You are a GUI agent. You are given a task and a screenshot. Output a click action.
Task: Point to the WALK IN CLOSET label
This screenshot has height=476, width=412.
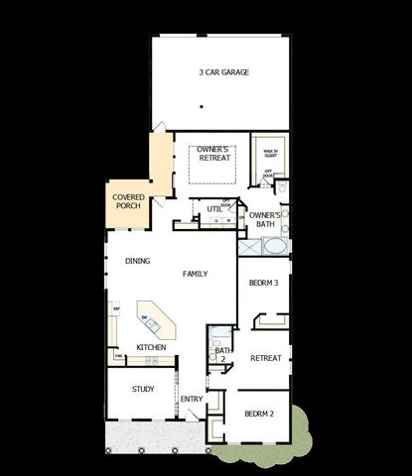269,152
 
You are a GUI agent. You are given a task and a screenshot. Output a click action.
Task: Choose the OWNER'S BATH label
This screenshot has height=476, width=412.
265,219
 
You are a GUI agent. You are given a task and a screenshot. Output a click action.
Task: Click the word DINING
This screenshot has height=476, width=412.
138,262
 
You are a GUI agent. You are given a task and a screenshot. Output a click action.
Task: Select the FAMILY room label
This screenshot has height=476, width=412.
195,273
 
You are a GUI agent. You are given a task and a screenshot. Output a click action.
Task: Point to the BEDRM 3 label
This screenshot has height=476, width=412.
264,283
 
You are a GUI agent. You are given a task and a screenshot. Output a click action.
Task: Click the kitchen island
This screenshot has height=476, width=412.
154,320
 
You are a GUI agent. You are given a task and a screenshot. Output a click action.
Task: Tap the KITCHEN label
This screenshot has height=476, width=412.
151,347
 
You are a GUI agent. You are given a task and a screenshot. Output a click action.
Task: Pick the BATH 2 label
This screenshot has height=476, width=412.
222,354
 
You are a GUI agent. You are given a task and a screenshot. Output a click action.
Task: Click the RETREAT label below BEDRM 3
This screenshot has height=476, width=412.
265,358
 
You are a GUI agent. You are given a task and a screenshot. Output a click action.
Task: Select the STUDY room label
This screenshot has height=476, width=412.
143,389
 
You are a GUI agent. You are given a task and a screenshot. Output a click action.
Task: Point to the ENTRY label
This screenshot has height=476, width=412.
191,400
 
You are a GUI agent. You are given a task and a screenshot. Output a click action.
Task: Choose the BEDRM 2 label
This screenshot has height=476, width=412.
259,413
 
